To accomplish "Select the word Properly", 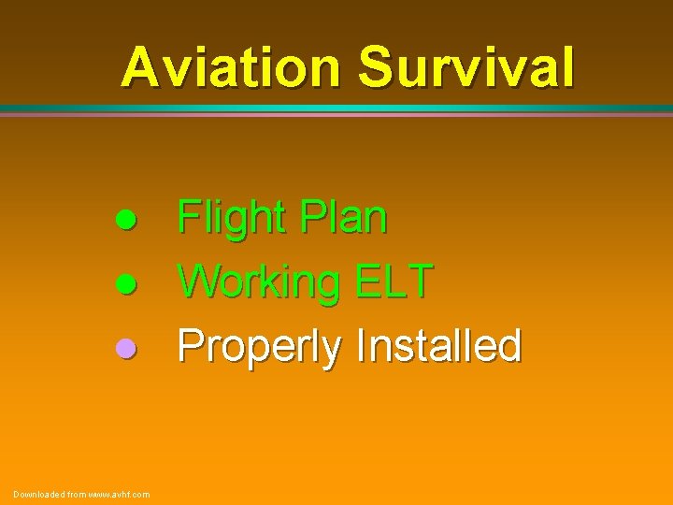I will point(260,347).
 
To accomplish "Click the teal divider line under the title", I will point(336,109).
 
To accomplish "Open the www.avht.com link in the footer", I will point(119,494).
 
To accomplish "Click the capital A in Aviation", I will point(140,67).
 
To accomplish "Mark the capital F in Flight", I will point(189,219).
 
